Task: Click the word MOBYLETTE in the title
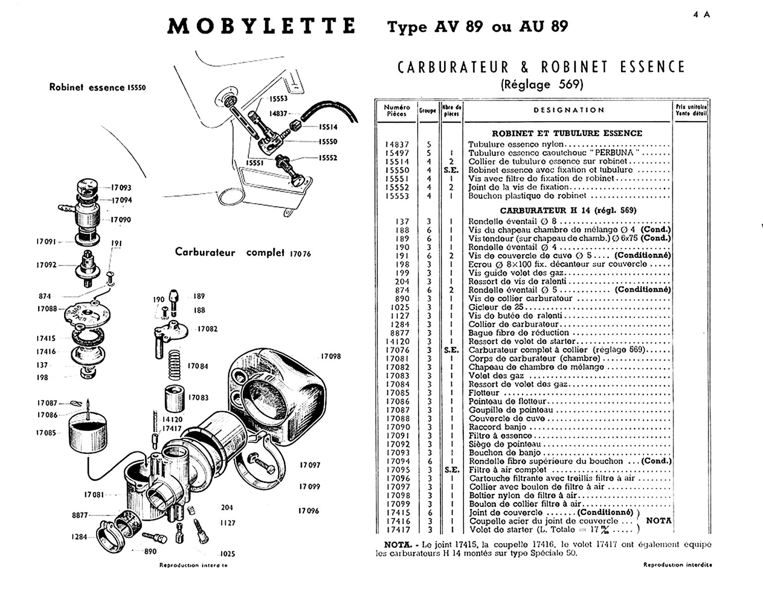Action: pos(261,26)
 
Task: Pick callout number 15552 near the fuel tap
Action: pos(328,158)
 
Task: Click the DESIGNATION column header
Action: pos(569,110)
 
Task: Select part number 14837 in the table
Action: pos(397,145)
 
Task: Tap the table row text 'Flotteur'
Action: pos(484,393)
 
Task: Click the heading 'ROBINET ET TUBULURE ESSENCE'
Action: pos(567,133)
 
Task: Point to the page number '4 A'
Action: pos(701,15)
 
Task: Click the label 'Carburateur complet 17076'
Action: pos(243,252)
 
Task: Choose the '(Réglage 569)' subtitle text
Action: pos(542,84)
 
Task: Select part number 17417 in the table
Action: pos(397,529)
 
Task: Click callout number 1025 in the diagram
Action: pos(227,554)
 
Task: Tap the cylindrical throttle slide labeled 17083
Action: pos(175,398)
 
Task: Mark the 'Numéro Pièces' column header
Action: pos(396,110)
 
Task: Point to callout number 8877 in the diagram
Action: pos(79,516)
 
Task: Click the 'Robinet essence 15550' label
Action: pos(97,87)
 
